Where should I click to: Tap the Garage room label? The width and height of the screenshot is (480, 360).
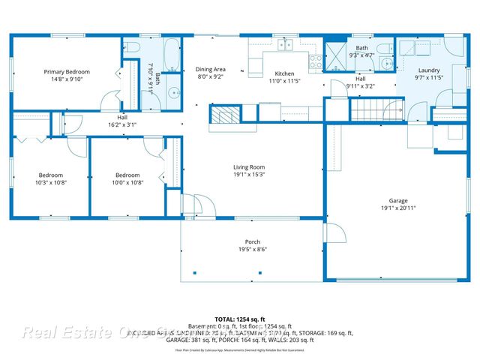pyautogui.click(x=398, y=200)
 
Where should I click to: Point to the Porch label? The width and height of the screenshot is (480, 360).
pyautogui.click(x=252, y=241)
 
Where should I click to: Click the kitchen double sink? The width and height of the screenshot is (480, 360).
pyautogui.click(x=286, y=45)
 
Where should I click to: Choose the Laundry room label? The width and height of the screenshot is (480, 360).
pyautogui.click(x=428, y=70)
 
